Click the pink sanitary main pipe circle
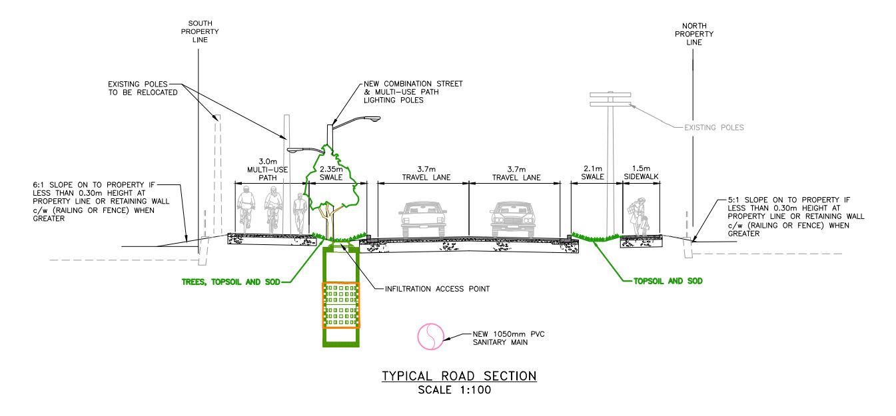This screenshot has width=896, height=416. pyautogui.click(x=430, y=337)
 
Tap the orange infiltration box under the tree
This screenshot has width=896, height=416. pyautogui.click(x=341, y=306)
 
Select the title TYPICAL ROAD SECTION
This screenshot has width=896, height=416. pyautogui.click(x=458, y=377)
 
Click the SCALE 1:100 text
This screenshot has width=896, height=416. pyautogui.click(x=458, y=390)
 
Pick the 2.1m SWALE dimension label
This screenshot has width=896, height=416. pyautogui.click(x=592, y=173)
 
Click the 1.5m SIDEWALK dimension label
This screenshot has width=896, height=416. pyautogui.click(x=642, y=173)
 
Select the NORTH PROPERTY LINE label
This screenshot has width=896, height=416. pyautogui.click(x=693, y=33)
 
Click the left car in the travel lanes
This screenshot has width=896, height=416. pyautogui.click(x=423, y=218)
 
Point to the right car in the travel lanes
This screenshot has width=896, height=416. pyautogui.click(x=514, y=218)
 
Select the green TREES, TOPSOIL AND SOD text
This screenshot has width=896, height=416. pyautogui.click(x=230, y=282)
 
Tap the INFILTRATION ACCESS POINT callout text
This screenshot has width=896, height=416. pyautogui.click(x=437, y=289)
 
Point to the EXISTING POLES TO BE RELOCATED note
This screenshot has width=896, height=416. pyautogui.click(x=143, y=89)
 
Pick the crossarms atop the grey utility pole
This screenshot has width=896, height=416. pyautogui.click(x=610, y=99)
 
